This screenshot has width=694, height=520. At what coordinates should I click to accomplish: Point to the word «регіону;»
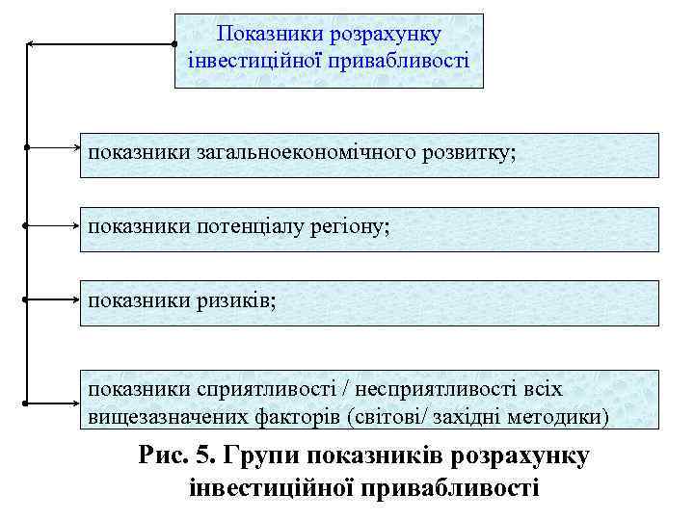358,227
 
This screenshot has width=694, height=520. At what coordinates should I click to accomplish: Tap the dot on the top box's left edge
174,44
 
